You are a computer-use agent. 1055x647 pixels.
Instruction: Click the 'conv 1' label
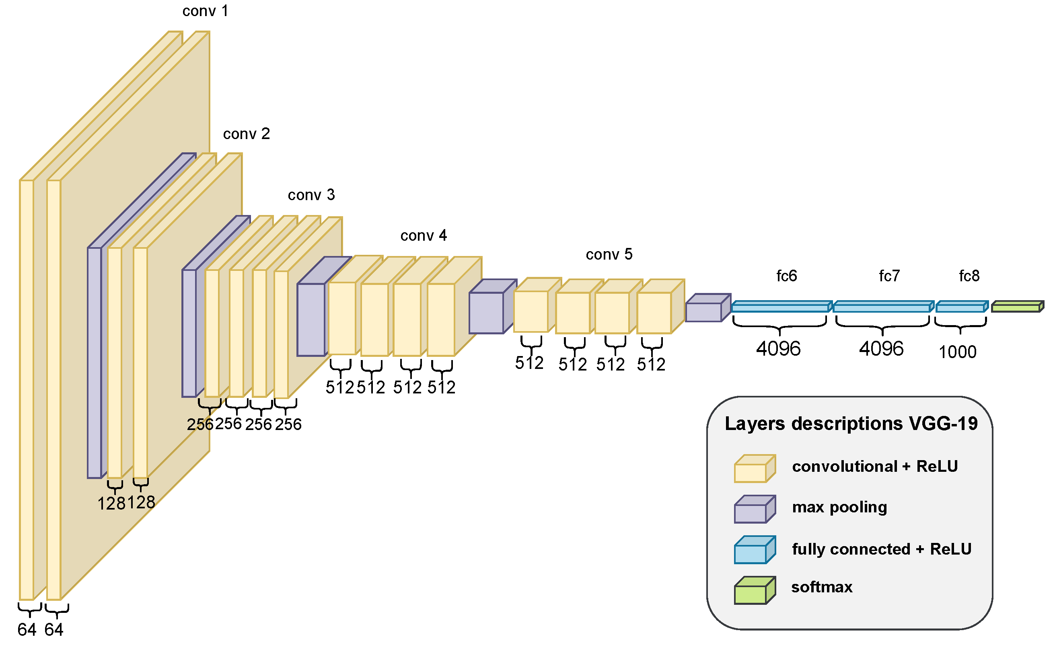(205, 11)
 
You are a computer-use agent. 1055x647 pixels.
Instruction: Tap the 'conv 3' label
(311, 195)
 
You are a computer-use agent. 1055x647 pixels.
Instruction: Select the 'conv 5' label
(609, 255)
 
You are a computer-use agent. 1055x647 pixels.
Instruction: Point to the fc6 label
(787, 276)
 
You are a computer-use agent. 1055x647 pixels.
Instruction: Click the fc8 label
(969, 276)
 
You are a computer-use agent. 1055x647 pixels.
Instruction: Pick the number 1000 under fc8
(957, 352)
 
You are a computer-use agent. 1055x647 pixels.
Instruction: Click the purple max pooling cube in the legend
(754, 510)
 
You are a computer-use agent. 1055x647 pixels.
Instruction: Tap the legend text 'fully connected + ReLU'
(881, 549)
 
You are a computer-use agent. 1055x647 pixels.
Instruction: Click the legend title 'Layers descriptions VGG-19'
(851, 424)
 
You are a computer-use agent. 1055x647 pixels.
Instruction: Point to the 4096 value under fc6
(778, 349)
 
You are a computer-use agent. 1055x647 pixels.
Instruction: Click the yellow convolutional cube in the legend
(754, 469)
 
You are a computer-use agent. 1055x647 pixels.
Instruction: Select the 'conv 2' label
(246, 134)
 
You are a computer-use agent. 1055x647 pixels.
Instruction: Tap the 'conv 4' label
(424, 236)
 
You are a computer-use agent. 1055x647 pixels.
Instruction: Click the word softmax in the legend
(822, 587)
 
